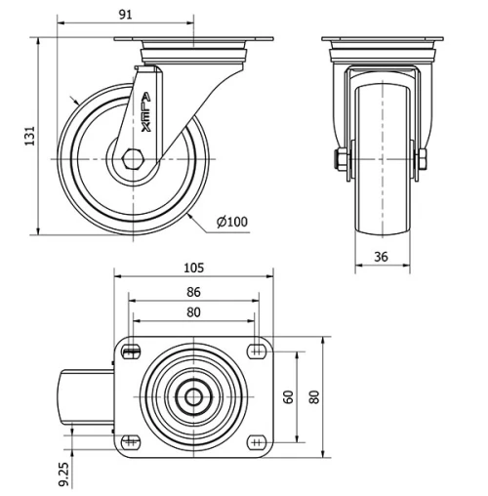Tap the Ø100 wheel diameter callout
click(231, 222)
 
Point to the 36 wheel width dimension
click(382, 258)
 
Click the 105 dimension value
click(193, 269)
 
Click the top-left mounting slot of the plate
click(131, 350)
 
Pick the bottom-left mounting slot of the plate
click(131, 441)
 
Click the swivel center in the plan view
click(193, 396)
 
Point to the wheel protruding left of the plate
click(89, 395)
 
